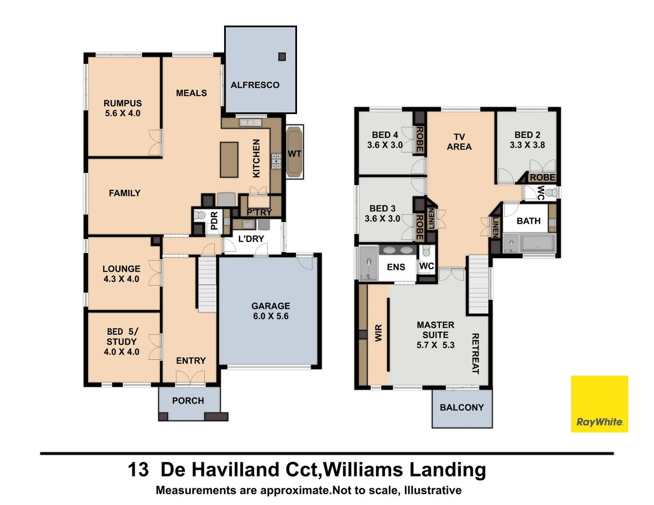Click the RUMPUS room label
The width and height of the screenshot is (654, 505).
coord(123,103)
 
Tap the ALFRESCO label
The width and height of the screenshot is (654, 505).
coord(255,85)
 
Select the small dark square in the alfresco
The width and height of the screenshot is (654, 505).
coord(282,57)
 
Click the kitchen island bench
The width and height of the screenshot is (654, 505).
coord(229,159)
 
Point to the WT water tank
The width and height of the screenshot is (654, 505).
coord(294,153)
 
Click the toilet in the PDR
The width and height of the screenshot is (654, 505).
coord(200,216)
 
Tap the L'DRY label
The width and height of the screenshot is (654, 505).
coord(251,239)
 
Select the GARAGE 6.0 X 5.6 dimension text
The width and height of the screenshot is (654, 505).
coord(271,316)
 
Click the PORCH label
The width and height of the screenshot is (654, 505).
coord(188,401)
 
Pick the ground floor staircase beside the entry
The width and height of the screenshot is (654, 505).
coord(207,284)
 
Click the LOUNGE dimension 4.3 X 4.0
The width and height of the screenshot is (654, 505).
coord(121,279)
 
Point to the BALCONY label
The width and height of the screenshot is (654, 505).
coord(462,408)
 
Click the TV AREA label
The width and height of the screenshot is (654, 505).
coord(459,142)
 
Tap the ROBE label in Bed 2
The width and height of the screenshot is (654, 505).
coord(543,178)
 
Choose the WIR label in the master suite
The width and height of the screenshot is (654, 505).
coord(378,333)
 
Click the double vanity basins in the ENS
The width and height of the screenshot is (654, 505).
coord(397,250)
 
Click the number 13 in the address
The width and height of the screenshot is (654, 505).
coord(138,470)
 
